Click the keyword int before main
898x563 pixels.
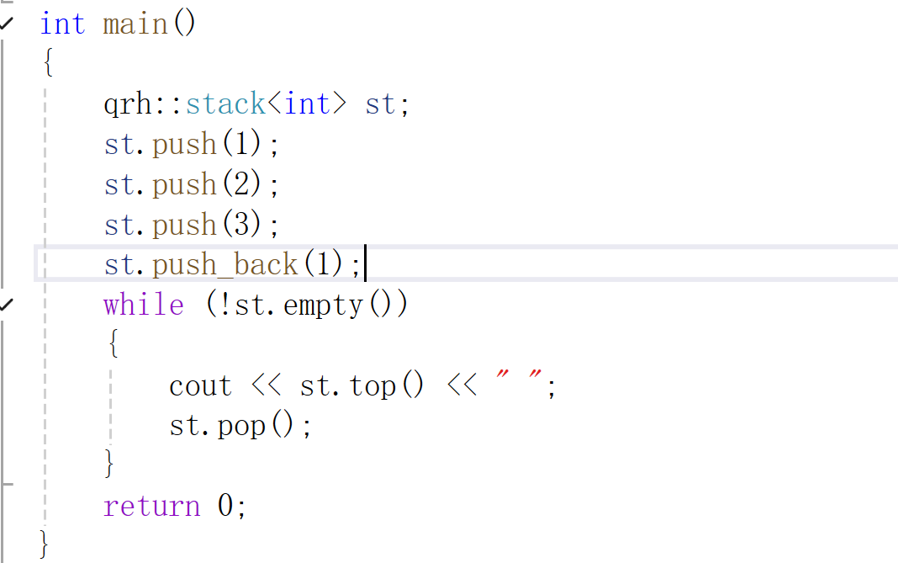click(x=62, y=24)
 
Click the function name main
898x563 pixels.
click(x=135, y=24)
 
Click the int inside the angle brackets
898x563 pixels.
click(x=307, y=104)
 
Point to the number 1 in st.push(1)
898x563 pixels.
click(x=242, y=145)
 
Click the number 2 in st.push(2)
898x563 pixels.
click(x=242, y=184)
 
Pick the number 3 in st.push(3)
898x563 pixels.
click(x=242, y=225)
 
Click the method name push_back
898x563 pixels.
click(x=225, y=265)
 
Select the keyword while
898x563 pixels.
click(x=144, y=305)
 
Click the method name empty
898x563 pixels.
click(x=323, y=305)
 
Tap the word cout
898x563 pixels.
click(x=200, y=385)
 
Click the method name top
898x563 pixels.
click(x=372, y=385)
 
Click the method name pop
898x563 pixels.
click(x=242, y=426)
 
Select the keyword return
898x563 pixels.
click(x=151, y=507)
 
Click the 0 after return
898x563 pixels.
click(x=225, y=507)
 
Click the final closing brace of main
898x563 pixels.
click(x=45, y=544)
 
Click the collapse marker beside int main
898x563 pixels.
click(x=7, y=24)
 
